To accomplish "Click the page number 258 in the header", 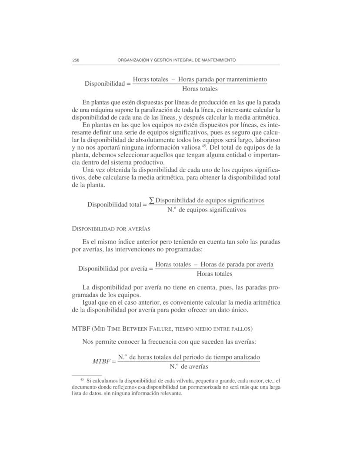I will (x=76, y=60).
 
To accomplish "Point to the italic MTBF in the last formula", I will (x=102, y=362).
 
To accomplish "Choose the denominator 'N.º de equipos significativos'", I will (x=207, y=210).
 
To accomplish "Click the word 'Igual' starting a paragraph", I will (x=90, y=302).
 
